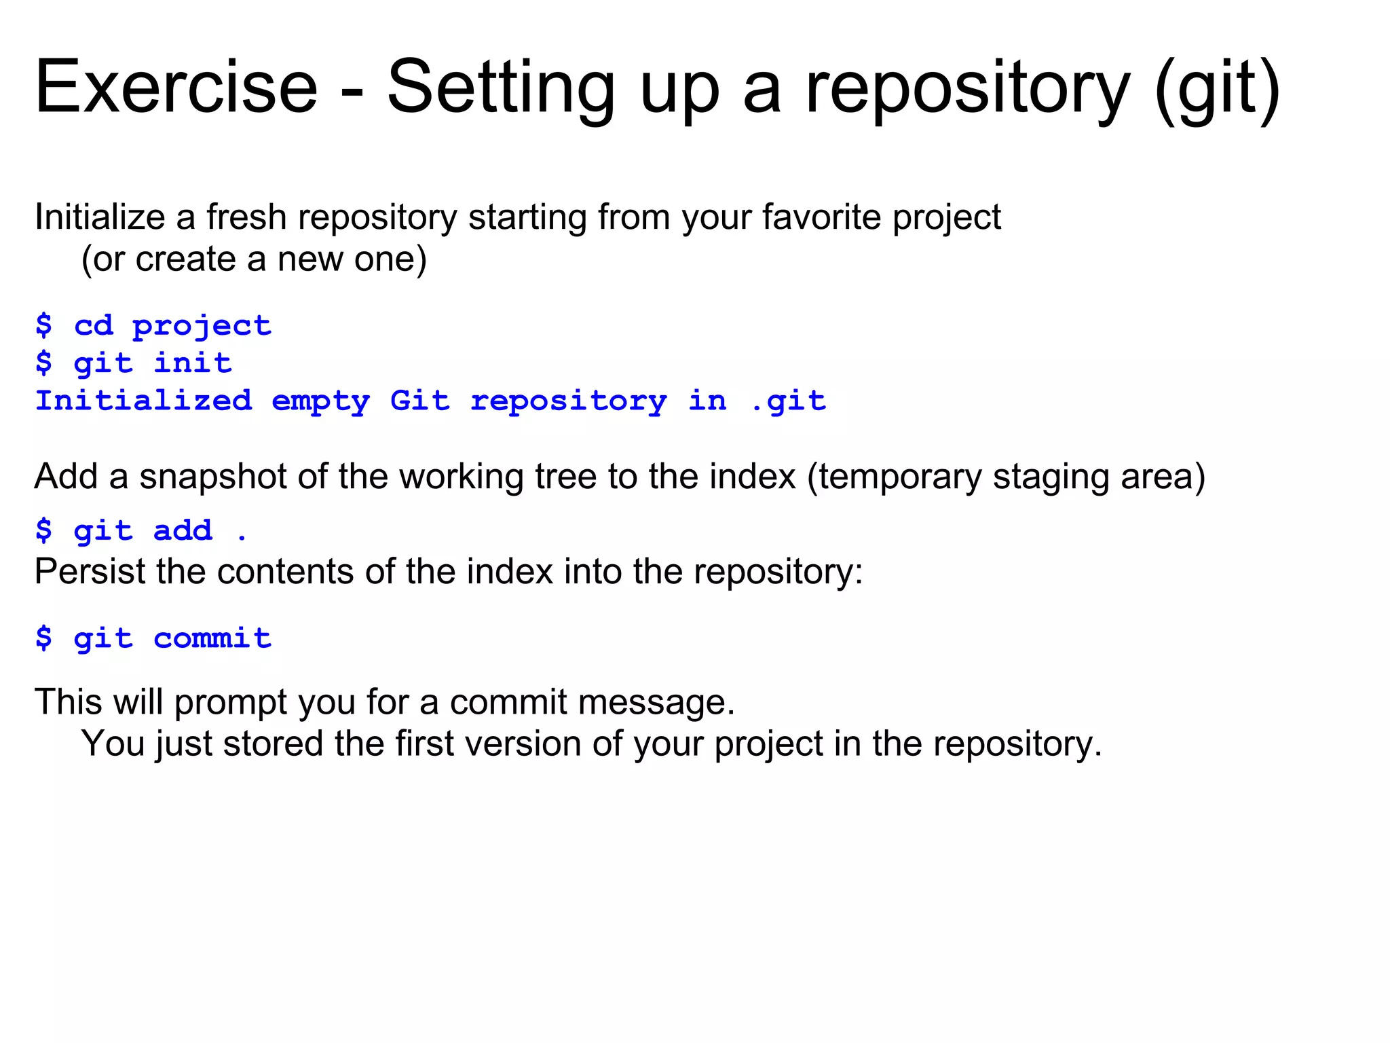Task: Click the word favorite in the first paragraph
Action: tap(821, 217)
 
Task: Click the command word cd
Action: tap(94, 326)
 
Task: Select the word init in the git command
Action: tap(193, 363)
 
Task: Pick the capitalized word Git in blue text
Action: tap(419, 401)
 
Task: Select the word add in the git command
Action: tap(183, 530)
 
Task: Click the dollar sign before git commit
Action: tap(43, 638)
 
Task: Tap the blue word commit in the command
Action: tap(212, 638)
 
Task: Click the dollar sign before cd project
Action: tap(43, 326)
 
